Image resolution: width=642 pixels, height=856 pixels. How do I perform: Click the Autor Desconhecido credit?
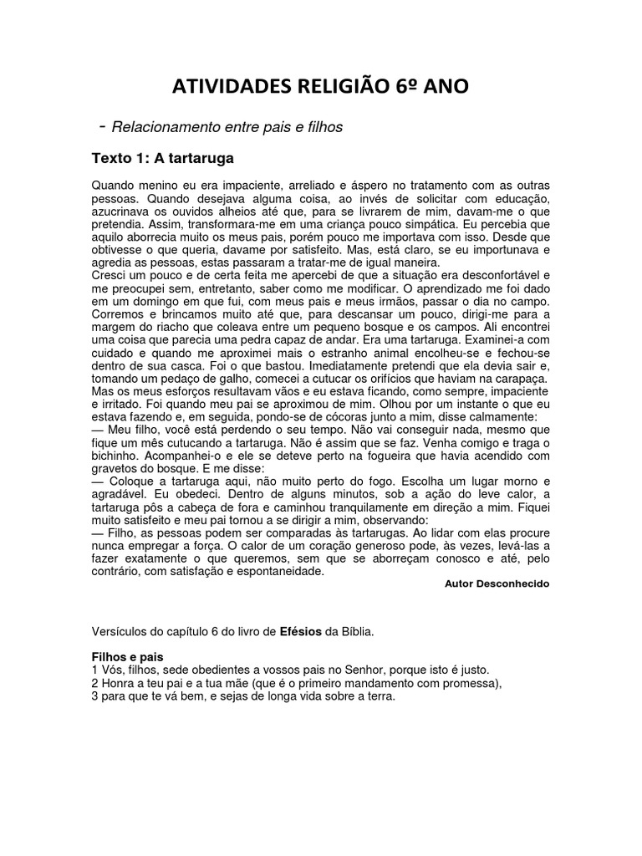point(497,584)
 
